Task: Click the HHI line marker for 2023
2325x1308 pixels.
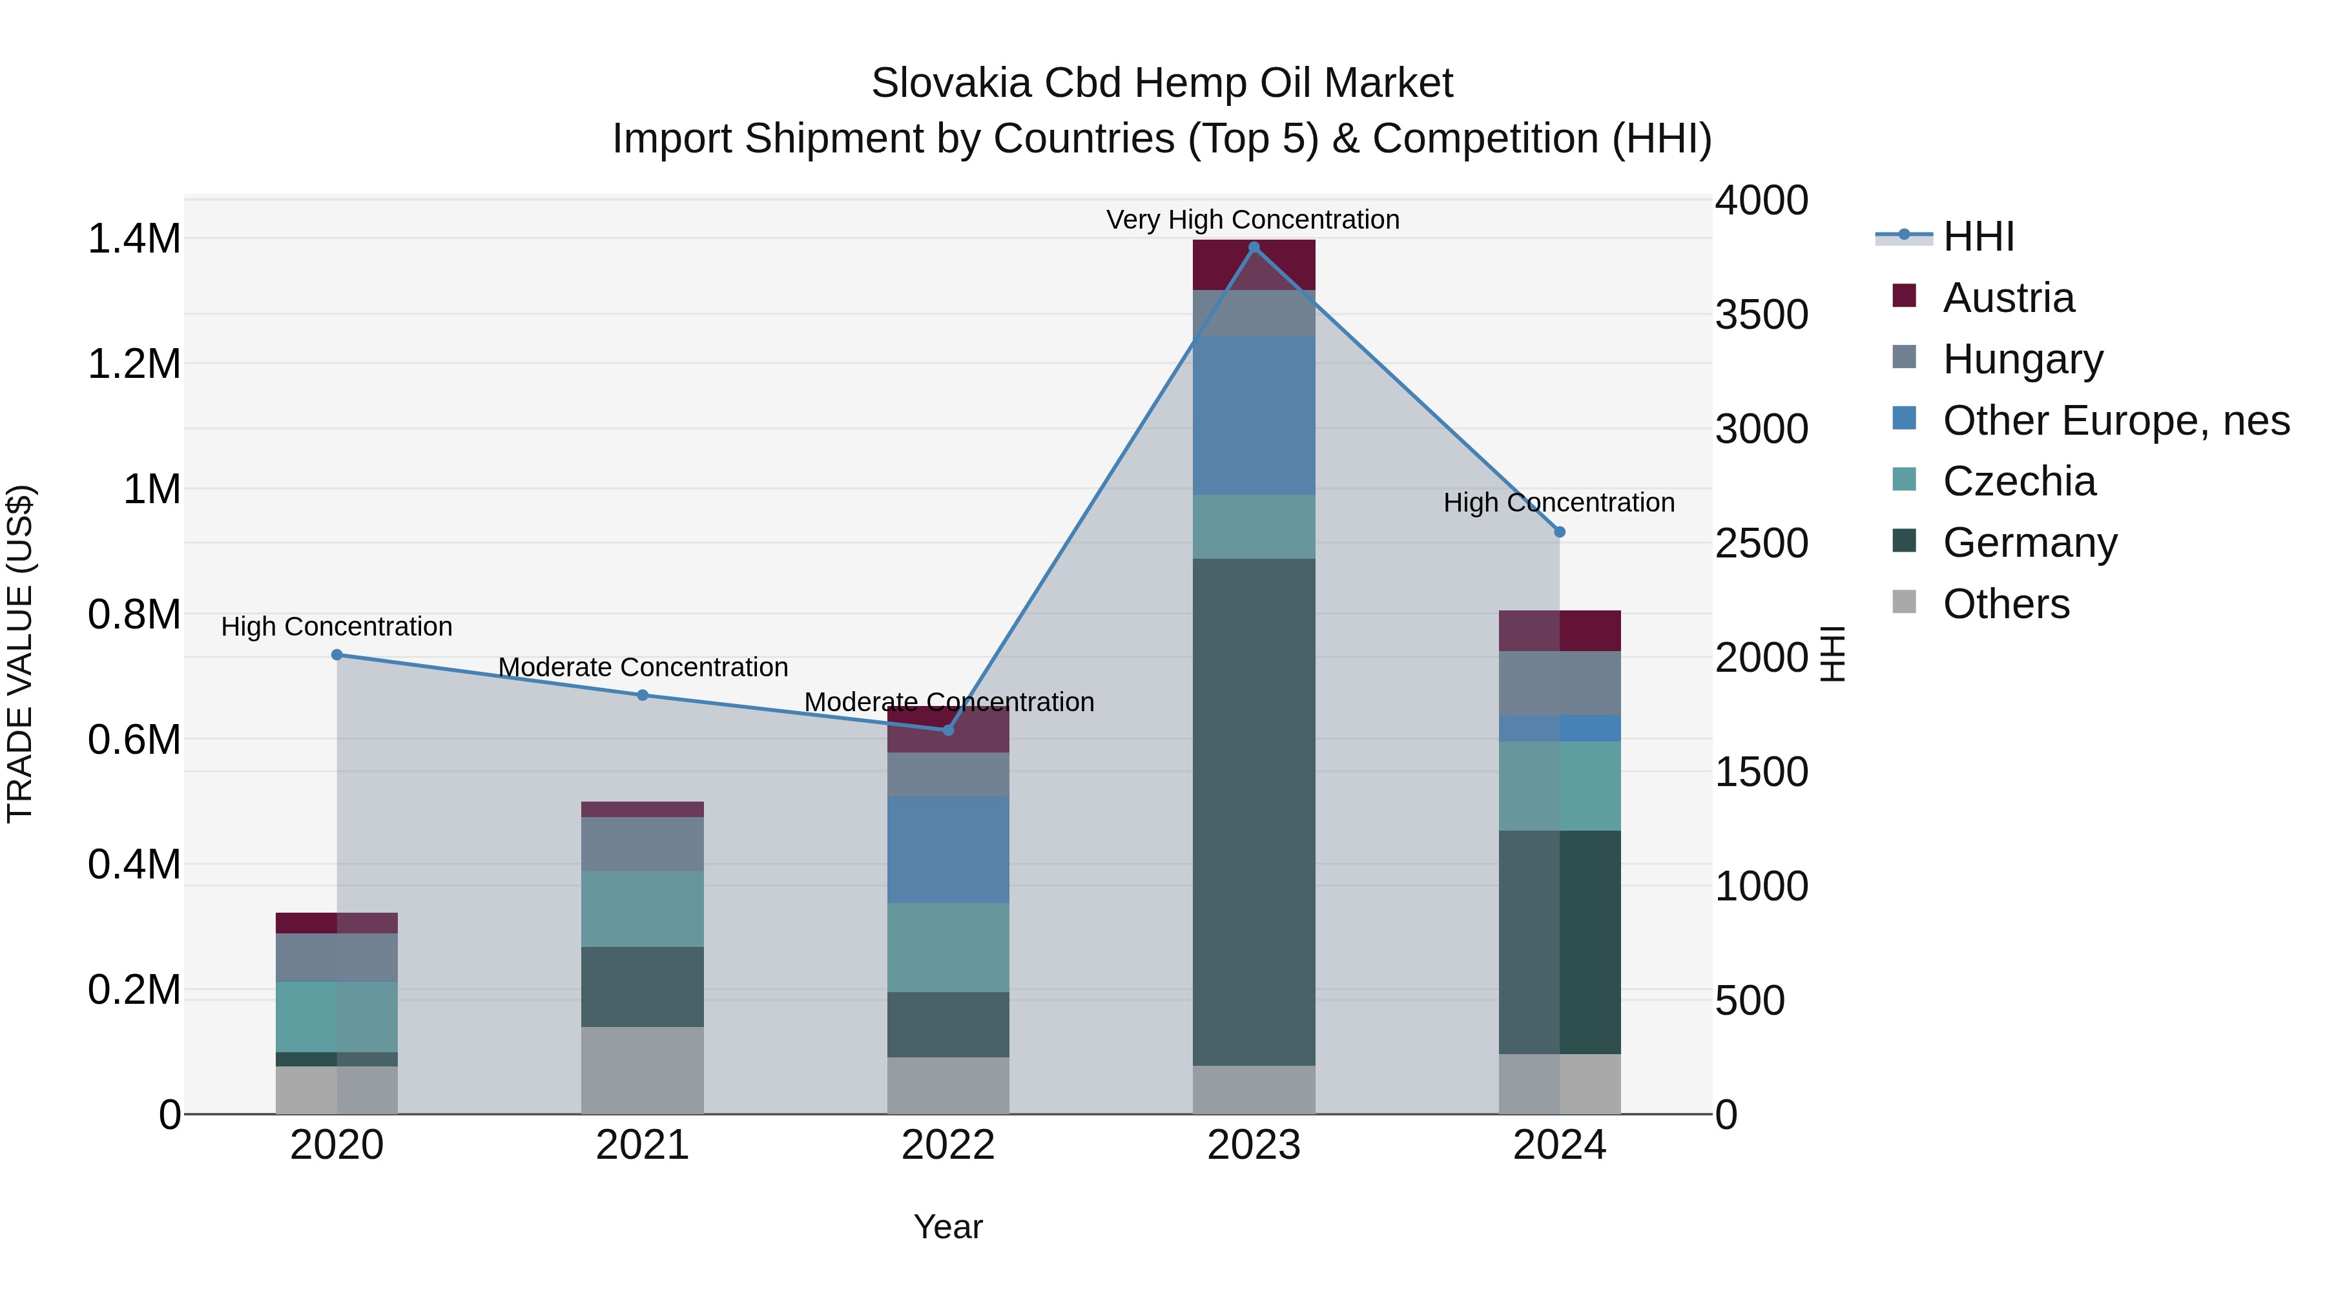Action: tap(1254, 247)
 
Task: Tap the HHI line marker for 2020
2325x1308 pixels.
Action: tap(336, 654)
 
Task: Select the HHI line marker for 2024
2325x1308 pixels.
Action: tap(1559, 532)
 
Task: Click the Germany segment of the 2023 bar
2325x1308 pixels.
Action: tap(1254, 813)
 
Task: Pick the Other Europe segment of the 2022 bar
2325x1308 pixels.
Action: tap(947, 849)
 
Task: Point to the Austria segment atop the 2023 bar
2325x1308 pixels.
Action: tap(1254, 264)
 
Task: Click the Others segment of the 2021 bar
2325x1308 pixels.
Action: tap(642, 1070)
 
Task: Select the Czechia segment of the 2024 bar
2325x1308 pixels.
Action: tap(1559, 785)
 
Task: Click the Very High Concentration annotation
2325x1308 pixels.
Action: tap(1253, 220)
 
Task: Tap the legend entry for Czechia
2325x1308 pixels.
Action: tap(2019, 481)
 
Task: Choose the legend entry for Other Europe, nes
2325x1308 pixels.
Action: tap(2116, 420)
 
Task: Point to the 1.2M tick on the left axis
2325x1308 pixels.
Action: tap(134, 365)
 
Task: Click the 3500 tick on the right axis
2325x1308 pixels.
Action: tap(1761, 315)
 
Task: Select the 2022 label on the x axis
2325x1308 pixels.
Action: tap(947, 1145)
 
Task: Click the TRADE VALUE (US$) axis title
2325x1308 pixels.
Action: tap(20, 654)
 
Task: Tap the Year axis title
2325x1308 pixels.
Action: tap(947, 1227)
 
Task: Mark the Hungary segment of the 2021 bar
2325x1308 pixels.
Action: tap(642, 844)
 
